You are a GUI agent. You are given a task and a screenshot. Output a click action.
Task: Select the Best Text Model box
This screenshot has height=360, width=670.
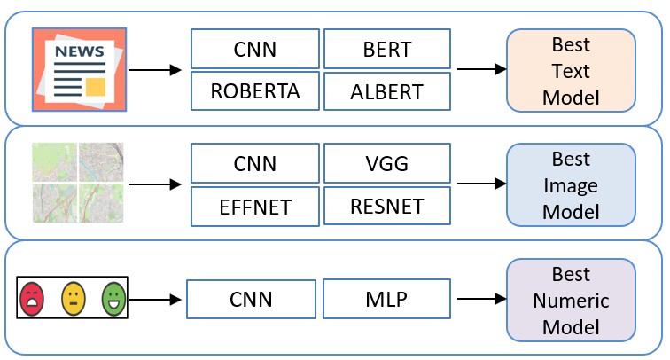(x=570, y=70)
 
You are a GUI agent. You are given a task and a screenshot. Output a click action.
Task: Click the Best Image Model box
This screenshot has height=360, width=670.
(x=570, y=185)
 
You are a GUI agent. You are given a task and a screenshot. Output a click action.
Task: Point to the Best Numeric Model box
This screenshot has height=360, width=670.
(x=570, y=301)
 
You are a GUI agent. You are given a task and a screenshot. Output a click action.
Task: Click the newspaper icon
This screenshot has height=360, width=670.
(x=79, y=69)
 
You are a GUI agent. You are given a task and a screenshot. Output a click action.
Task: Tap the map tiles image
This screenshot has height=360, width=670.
(x=77, y=182)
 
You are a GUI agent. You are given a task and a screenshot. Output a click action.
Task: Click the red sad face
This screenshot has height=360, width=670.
(x=33, y=297)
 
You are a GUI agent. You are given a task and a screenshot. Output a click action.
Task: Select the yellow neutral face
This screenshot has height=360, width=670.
(x=74, y=297)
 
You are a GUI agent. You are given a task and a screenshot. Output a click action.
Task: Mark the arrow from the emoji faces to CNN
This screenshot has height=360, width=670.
(x=155, y=299)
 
